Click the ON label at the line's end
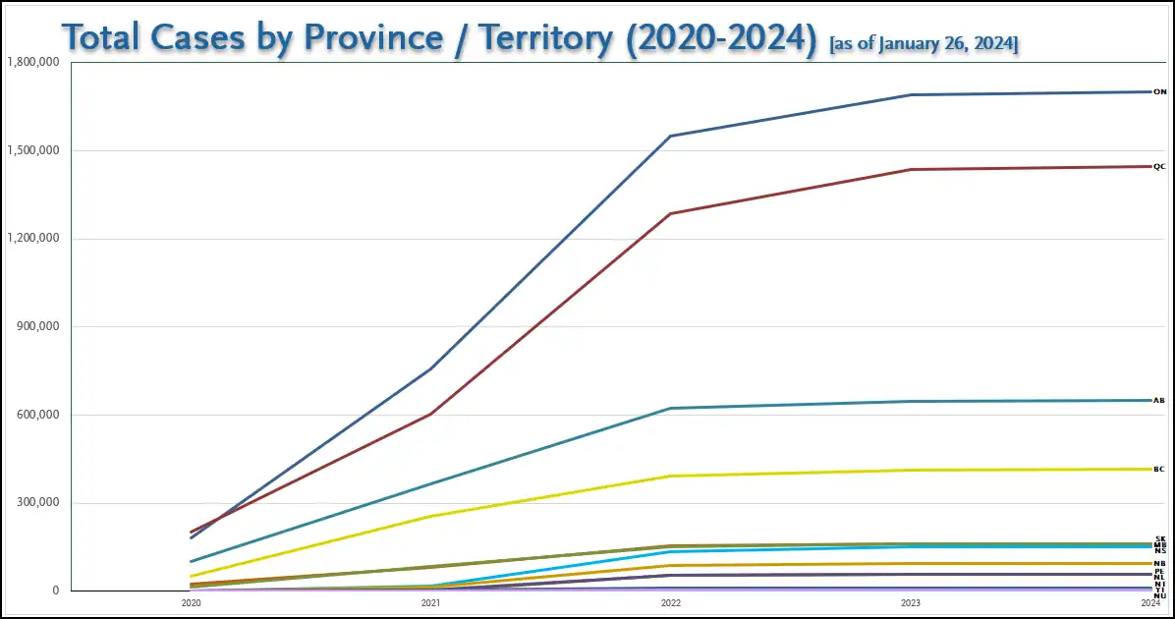pos(1159,92)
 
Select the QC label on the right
pos(1159,167)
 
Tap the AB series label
pos(1159,401)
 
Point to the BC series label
pos(1159,470)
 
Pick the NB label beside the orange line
pos(1160,564)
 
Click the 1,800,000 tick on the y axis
pos(33,62)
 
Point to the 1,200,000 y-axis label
pos(33,239)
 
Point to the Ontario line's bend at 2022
pos(671,136)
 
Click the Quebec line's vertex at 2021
pos(429,414)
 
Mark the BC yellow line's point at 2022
pos(671,476)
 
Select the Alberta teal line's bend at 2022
pos(671,408)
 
